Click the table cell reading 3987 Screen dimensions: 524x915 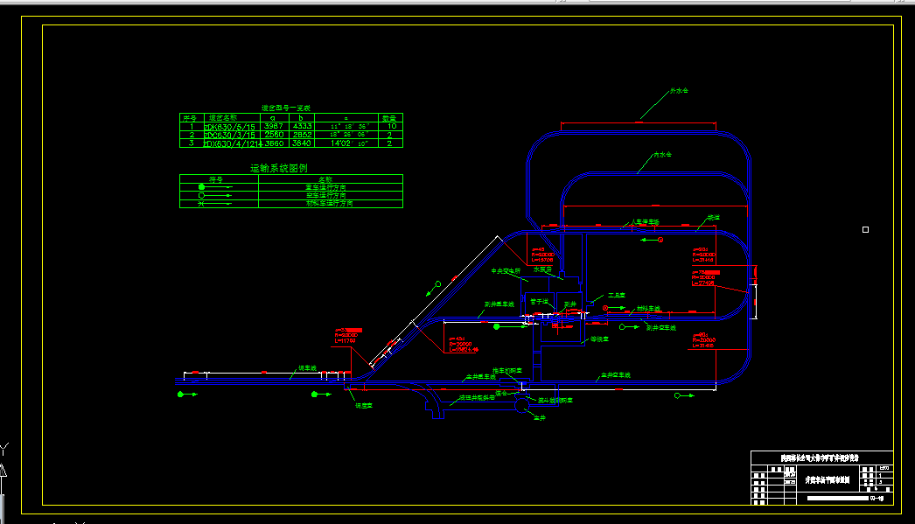click(273, 126)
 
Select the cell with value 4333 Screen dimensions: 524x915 click(302, 126)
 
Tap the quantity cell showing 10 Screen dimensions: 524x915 click(391, 126)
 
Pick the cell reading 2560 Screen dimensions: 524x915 click(273, 135)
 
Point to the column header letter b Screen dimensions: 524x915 click(301, 117)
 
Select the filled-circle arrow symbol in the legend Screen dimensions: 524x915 click(202, 187)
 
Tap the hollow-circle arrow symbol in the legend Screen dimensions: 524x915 click(202, 195)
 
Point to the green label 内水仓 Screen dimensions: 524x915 click(662, 155)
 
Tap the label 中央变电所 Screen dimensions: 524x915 click(506, 270)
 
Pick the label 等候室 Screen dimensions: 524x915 click(599, 339)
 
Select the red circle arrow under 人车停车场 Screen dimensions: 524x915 click(660, 239)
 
